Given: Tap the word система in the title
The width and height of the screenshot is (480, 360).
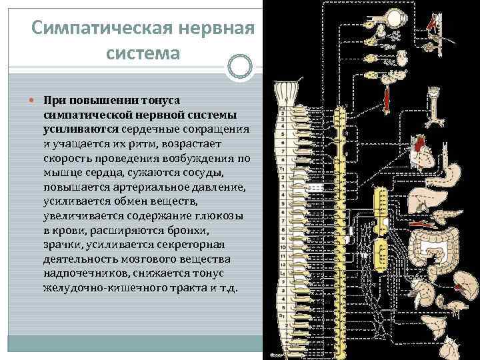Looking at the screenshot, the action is point(143,53).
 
